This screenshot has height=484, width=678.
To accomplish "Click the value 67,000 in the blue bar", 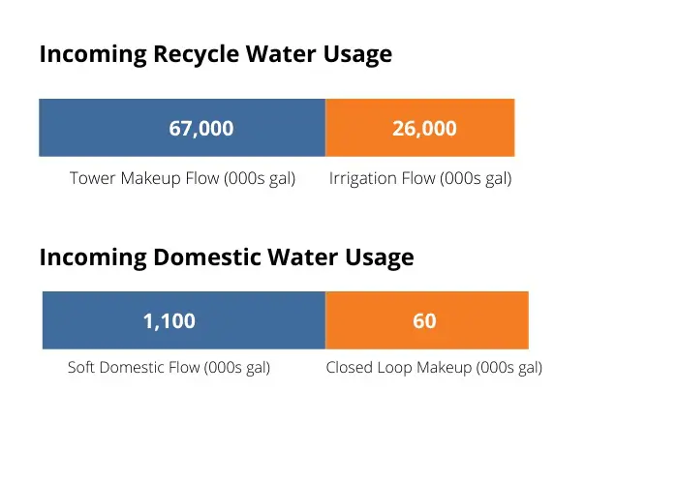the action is pyautogui.click(x=201, y=129).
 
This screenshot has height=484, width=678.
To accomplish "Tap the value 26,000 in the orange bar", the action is pyautogui.click(x=424, y=129).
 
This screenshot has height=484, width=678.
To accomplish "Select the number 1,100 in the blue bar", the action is pyautogui.click(x=169, y=321).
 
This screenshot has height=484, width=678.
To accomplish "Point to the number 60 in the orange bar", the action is pyautogui.click(x=424, y=320).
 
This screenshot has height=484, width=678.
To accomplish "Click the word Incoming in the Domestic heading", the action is pyautogui.click(x=93, y=258).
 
